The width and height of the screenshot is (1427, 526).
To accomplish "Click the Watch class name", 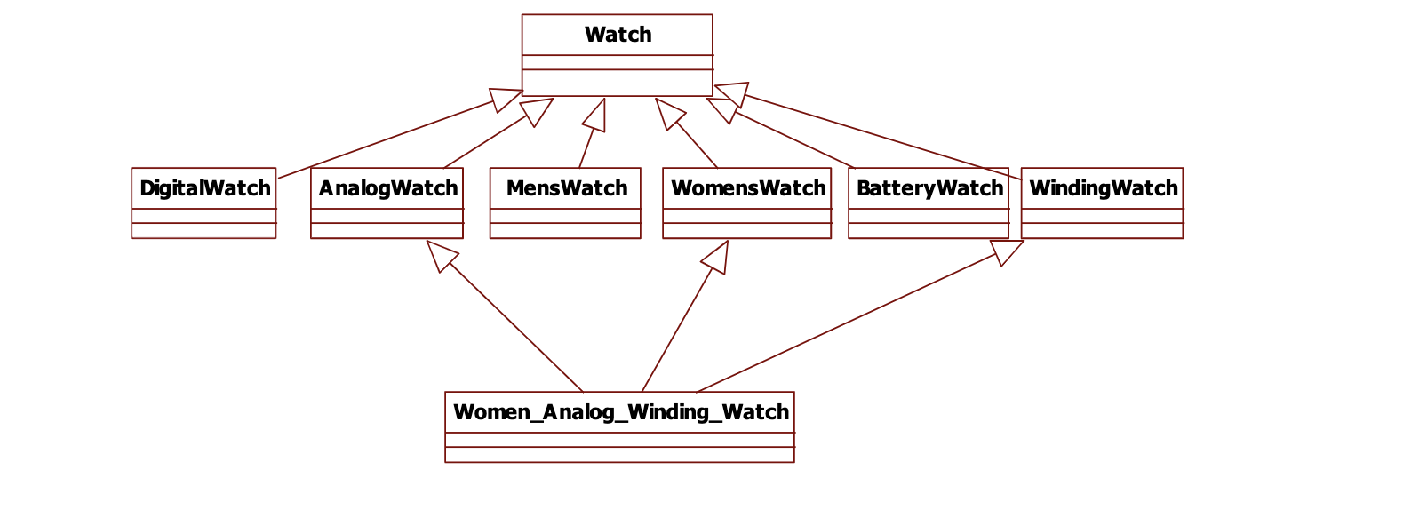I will coord(618,35).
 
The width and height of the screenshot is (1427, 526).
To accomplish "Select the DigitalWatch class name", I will coord(204,188).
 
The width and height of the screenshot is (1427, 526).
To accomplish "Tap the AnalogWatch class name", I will coord(387,188).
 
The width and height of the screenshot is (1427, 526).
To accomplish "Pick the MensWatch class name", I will coord(566,188).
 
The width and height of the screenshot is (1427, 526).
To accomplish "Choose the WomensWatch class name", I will coord(747,188).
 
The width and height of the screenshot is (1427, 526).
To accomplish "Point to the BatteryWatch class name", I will coord(929,188).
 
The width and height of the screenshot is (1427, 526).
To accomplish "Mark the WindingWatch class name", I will coord(1103,188).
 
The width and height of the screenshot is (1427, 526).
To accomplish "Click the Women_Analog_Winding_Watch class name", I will coord(620,412).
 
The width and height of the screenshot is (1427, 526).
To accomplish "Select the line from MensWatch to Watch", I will coord(586,148).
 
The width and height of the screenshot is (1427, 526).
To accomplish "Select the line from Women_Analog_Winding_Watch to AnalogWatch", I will coord(515,327).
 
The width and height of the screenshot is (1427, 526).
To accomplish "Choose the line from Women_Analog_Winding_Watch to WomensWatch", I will coord(677,329).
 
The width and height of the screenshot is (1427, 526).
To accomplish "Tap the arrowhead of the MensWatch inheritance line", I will coord(596,116).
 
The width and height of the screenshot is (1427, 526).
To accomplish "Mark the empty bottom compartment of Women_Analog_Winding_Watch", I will coord(619,455).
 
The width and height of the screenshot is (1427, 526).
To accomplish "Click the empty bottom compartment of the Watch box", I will coord(618,83).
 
